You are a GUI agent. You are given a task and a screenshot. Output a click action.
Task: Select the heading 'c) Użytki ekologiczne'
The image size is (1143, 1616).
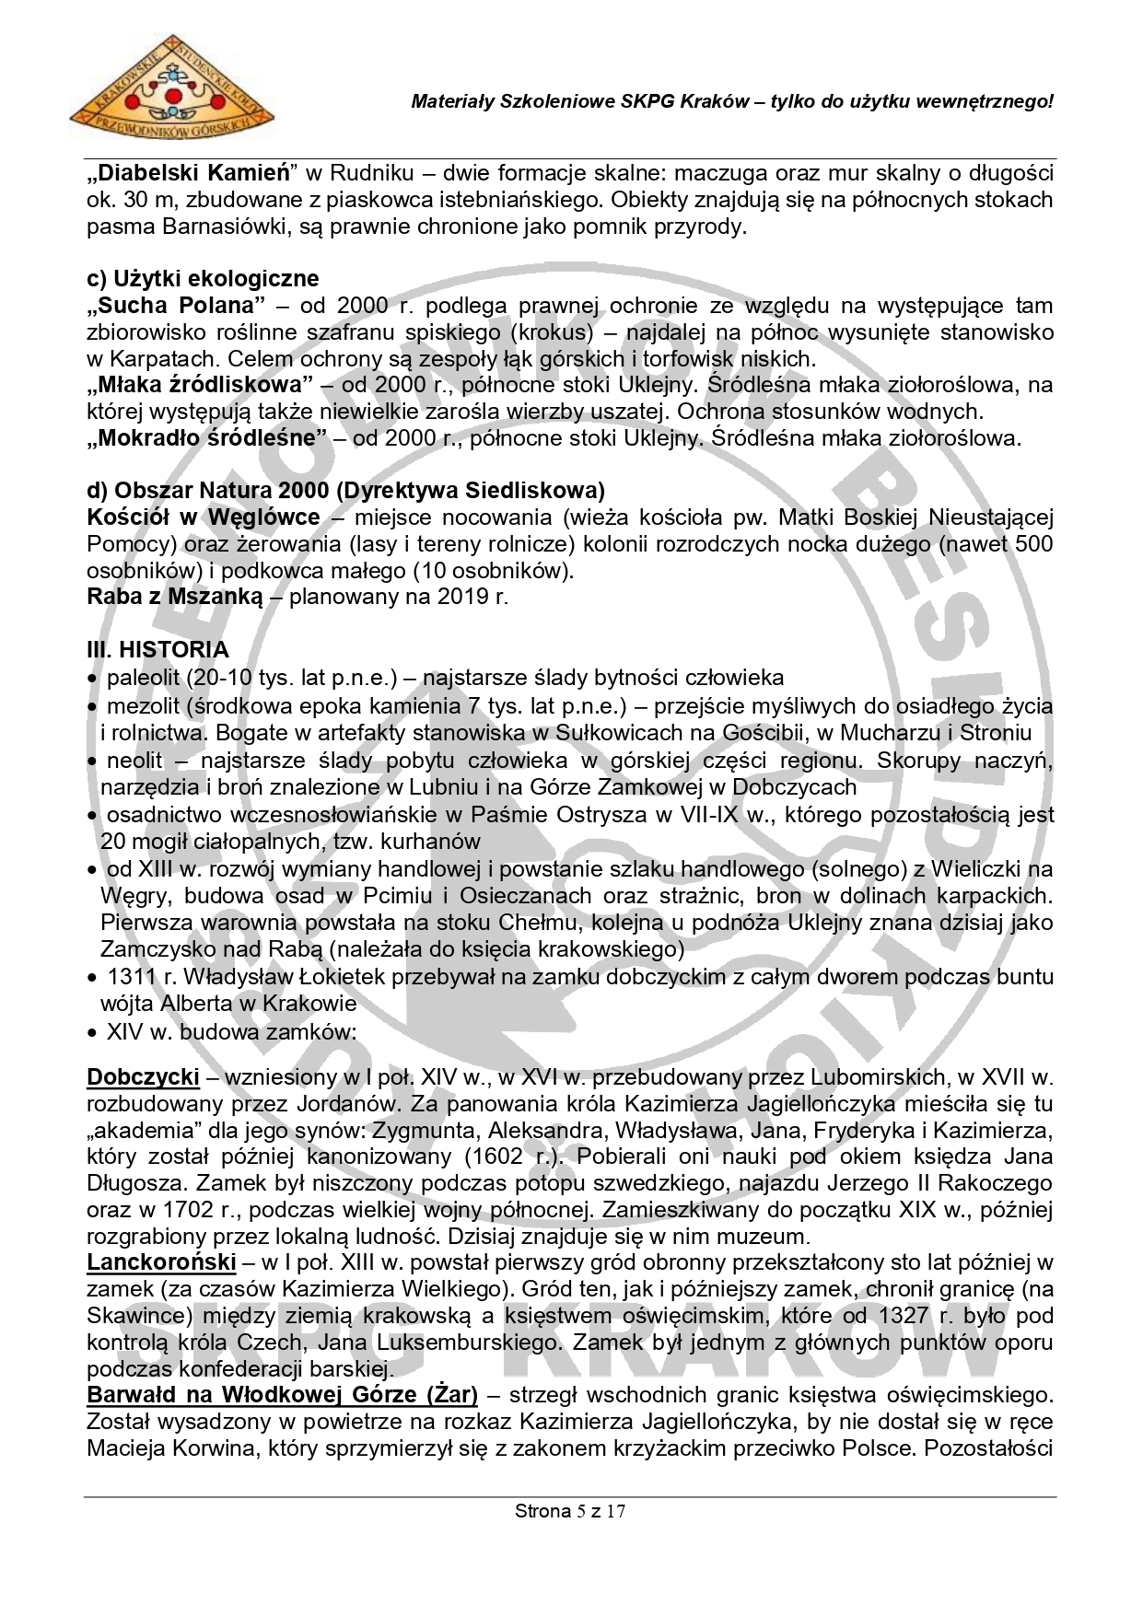pos(203,278)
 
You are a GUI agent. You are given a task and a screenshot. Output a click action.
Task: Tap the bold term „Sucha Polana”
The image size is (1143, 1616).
pos(176,305)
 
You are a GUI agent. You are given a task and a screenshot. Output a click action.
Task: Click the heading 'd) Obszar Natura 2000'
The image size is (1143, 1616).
pos(345,490)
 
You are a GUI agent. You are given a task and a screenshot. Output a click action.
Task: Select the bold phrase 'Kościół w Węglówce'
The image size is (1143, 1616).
pos(204,517)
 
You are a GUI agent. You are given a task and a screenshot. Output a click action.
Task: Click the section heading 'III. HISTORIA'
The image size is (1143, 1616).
pos(157,650)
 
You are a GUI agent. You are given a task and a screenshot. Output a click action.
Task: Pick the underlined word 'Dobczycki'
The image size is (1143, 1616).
pos(143,1076)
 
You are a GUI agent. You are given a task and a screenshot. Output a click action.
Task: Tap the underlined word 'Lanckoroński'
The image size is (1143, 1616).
pos(161,1261)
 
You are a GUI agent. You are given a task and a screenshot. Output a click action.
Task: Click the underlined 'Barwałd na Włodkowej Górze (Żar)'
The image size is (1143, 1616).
pos(282,1395)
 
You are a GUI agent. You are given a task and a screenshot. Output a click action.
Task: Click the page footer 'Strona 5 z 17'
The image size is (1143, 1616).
pos(570,1511)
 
